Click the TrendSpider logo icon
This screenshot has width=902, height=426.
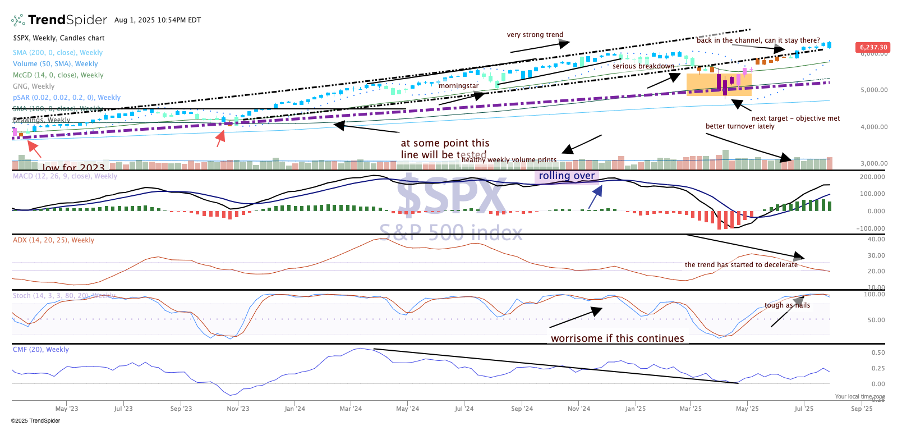18,20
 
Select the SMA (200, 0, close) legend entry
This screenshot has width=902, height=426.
58,53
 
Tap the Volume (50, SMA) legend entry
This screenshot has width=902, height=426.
55,64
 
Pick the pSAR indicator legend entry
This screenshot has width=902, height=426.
66,98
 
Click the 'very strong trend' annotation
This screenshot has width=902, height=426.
535,35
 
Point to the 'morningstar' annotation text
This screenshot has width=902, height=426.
458,86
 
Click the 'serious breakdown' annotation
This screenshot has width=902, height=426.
643,66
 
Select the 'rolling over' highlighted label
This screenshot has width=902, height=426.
567,176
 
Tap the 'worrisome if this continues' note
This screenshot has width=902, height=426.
617,338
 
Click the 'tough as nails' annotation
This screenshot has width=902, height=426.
787,305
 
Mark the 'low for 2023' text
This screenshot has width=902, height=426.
73,167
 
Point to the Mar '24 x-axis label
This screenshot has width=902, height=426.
351,409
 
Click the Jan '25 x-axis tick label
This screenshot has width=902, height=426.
636,409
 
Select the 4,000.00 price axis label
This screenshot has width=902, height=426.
874,127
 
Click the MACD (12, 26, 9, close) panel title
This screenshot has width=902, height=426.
65,176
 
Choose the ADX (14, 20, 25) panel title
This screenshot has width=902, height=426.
53,240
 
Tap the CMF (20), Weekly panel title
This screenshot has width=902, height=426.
41,350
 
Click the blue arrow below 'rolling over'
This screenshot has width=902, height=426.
595,196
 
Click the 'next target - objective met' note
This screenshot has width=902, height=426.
795,118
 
